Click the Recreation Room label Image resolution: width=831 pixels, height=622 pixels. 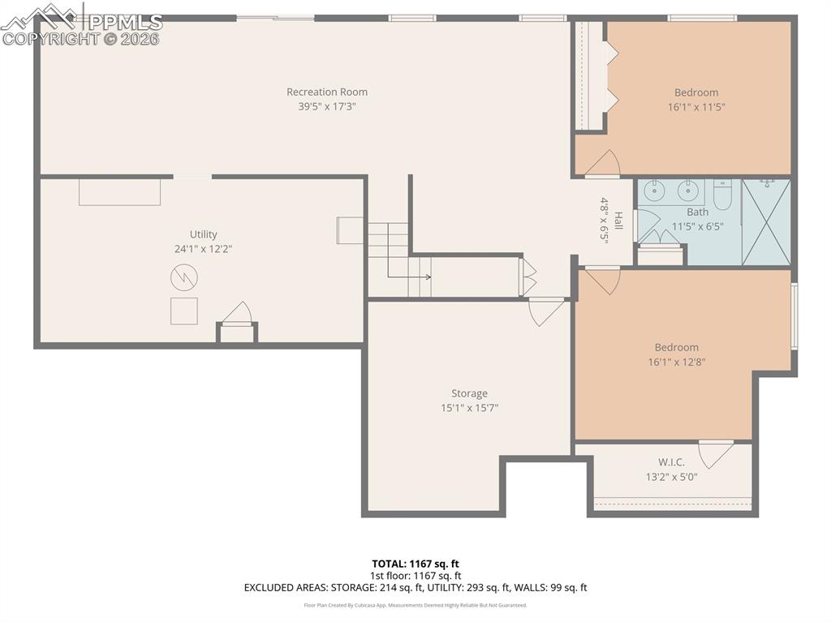[x=326, y=92]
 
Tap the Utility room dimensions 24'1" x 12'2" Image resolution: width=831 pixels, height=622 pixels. [x=203, y=249]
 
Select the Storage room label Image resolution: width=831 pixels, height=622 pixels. [x=469, y=393]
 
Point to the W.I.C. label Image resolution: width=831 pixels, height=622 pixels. [x=671, y=462]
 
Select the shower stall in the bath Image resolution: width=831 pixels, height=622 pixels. [x=766, y=221]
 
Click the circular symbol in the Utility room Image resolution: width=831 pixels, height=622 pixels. [x=183, y=279]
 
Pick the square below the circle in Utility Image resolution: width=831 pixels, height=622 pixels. [x=183, y=311]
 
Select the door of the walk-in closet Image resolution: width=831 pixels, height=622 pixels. [x=716, y=453]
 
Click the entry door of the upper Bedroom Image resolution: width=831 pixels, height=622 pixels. [x=603, y=164]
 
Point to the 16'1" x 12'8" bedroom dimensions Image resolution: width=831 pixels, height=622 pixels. [x=676, y=362]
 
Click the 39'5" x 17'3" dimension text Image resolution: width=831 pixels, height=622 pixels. [x=326, y=106]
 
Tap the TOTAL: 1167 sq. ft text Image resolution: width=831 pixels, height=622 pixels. [x=415, y=564]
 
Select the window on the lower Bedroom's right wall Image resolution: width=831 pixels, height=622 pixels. [x=794, y=315]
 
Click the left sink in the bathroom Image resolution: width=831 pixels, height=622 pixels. [x=653, y=191]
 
